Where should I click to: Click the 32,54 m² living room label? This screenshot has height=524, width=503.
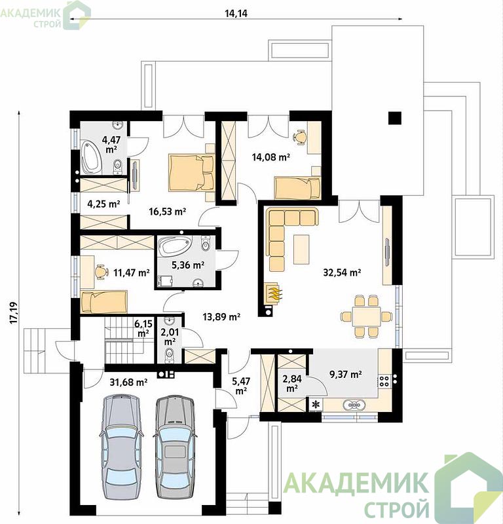(342, 272)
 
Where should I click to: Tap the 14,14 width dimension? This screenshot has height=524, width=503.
(236, 13)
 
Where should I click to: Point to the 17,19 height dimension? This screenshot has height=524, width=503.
(14, 312)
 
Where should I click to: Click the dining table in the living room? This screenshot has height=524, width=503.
(366, 316)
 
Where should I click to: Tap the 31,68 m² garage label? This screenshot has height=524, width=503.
(128, 382)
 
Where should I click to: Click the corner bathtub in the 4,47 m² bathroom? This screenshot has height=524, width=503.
(91, 158)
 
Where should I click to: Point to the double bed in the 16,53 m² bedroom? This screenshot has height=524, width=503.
(191, 172)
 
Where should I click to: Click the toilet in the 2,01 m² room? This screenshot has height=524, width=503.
(170, 354)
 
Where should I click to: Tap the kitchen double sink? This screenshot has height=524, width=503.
(354, 405)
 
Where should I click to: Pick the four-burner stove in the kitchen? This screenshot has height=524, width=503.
(384, 382)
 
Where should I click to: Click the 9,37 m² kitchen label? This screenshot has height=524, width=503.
(346, 374)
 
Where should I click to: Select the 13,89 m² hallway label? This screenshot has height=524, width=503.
(221, 316)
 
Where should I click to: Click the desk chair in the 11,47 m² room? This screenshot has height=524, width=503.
(101, 271)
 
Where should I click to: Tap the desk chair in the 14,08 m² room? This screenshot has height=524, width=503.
(300, 137)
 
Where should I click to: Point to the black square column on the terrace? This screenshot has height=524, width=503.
(395, 118)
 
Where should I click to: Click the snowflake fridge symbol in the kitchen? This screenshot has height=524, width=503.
(316, 405)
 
